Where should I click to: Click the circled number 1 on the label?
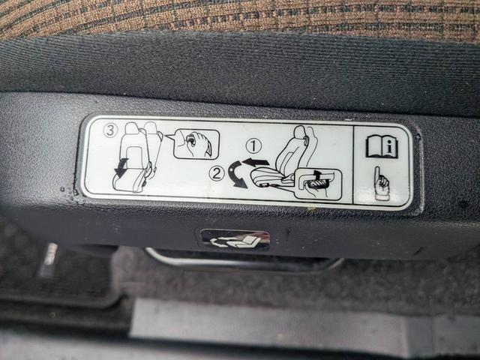[x=253, y=146]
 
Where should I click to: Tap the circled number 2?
[x=217, y=174]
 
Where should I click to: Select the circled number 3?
[x=110, y=130]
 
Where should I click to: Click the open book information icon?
[x=382, y=147]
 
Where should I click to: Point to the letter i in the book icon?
[x=389, y=147]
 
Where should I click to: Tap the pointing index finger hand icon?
[x=381, y=183]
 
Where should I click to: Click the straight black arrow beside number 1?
[x=256, y=162]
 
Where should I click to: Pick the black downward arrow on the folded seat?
[x=121, y=168]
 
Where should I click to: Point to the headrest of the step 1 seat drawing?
[x=300, y=133]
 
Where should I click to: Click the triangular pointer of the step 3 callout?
[x=169, y=136]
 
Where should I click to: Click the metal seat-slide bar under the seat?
[x=241, y=260]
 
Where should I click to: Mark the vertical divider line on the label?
[x=353, y=165]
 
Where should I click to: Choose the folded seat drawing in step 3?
[x=137, y=157]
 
